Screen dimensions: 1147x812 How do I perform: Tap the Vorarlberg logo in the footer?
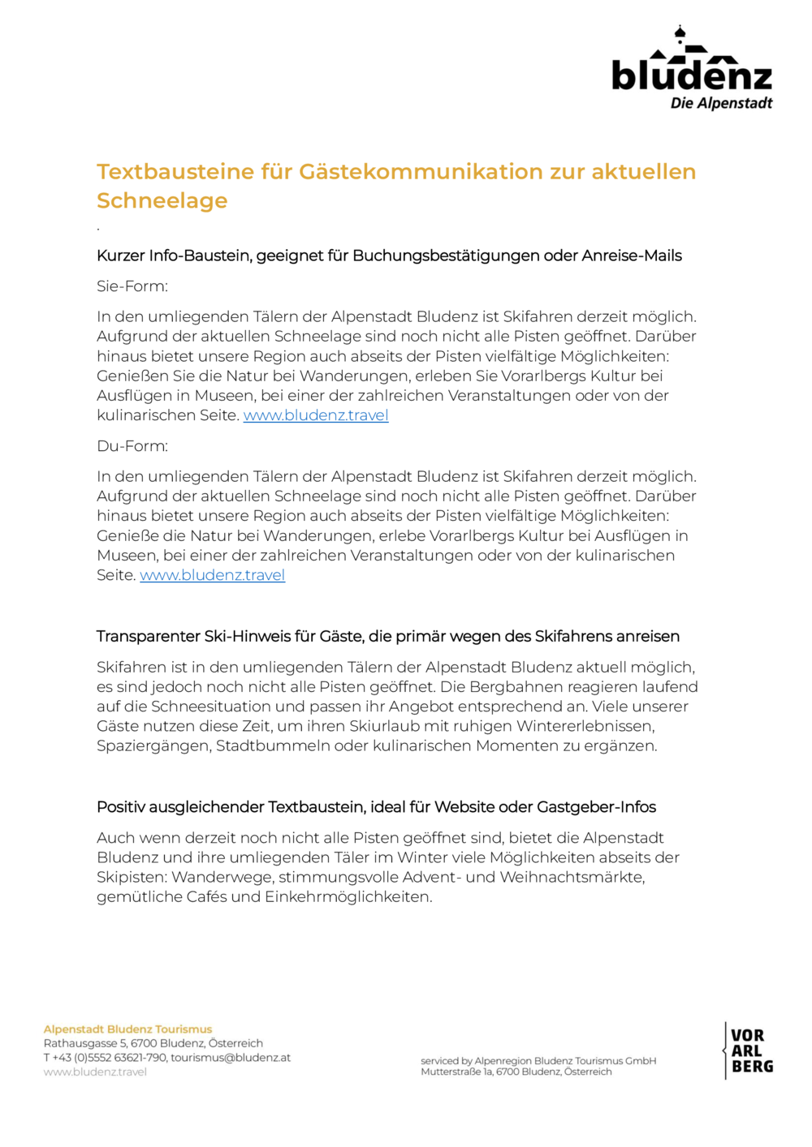pos(748,1050)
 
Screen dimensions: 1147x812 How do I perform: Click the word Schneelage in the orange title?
pos(162,200)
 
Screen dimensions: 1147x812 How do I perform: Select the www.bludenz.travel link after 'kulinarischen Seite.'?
pos(316,415)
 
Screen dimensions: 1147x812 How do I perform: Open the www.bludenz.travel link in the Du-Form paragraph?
pos(212,575)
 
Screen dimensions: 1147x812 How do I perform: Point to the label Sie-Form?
pos(132,286)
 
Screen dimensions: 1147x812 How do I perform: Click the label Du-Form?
pos(132,446)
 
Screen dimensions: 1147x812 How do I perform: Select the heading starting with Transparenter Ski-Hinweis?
pos(388,637)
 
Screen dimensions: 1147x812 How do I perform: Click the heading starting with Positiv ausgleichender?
pos(376,807)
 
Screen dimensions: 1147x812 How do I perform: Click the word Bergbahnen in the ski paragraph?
pos(513,687)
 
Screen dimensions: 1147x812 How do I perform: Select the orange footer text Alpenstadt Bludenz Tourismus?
pos(127,1029)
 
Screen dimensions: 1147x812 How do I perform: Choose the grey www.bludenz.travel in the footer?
pos(95,1072)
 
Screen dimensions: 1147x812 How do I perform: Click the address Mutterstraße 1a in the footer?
pos(456,1072)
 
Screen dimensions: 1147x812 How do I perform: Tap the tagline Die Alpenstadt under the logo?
pos(721,103)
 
